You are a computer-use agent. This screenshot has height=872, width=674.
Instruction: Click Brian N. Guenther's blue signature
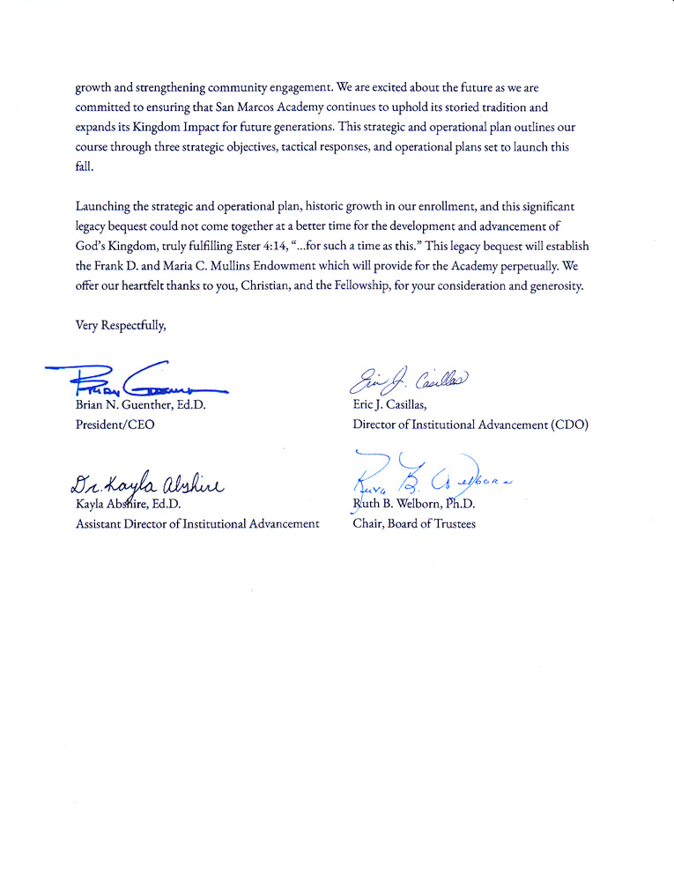click(x=141, y=381)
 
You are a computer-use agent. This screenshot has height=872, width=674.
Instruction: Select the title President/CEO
click(x=115, y=425)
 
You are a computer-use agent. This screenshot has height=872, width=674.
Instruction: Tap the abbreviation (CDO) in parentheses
click(x=569, y=425)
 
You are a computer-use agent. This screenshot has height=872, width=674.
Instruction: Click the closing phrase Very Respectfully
click(x=121, y=325)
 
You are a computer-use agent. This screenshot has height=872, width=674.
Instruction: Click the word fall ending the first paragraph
click(x=83, y=166)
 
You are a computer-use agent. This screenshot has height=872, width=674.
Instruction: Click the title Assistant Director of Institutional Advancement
click(x=197, y=524)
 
